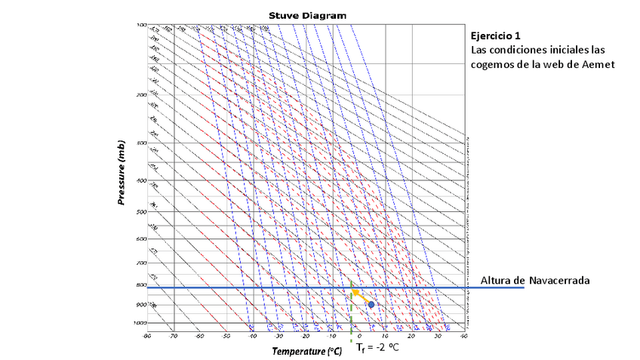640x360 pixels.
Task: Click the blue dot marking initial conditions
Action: click(x=371, y=304)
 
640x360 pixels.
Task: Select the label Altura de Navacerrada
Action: click(x=534, y=280)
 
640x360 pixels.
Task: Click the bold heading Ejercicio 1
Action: click(x=495, y=35)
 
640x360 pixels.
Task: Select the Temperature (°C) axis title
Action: click(x=307, y=352)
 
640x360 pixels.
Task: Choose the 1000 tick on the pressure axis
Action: click(x=140, y=323)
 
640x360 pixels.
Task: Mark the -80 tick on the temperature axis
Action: click(x=149, y=336)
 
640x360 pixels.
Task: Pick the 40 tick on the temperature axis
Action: click(x=463, y=336)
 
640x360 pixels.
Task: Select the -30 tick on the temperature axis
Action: click(x=279, y=336)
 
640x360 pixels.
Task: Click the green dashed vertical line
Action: click(x=352, y=317)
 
